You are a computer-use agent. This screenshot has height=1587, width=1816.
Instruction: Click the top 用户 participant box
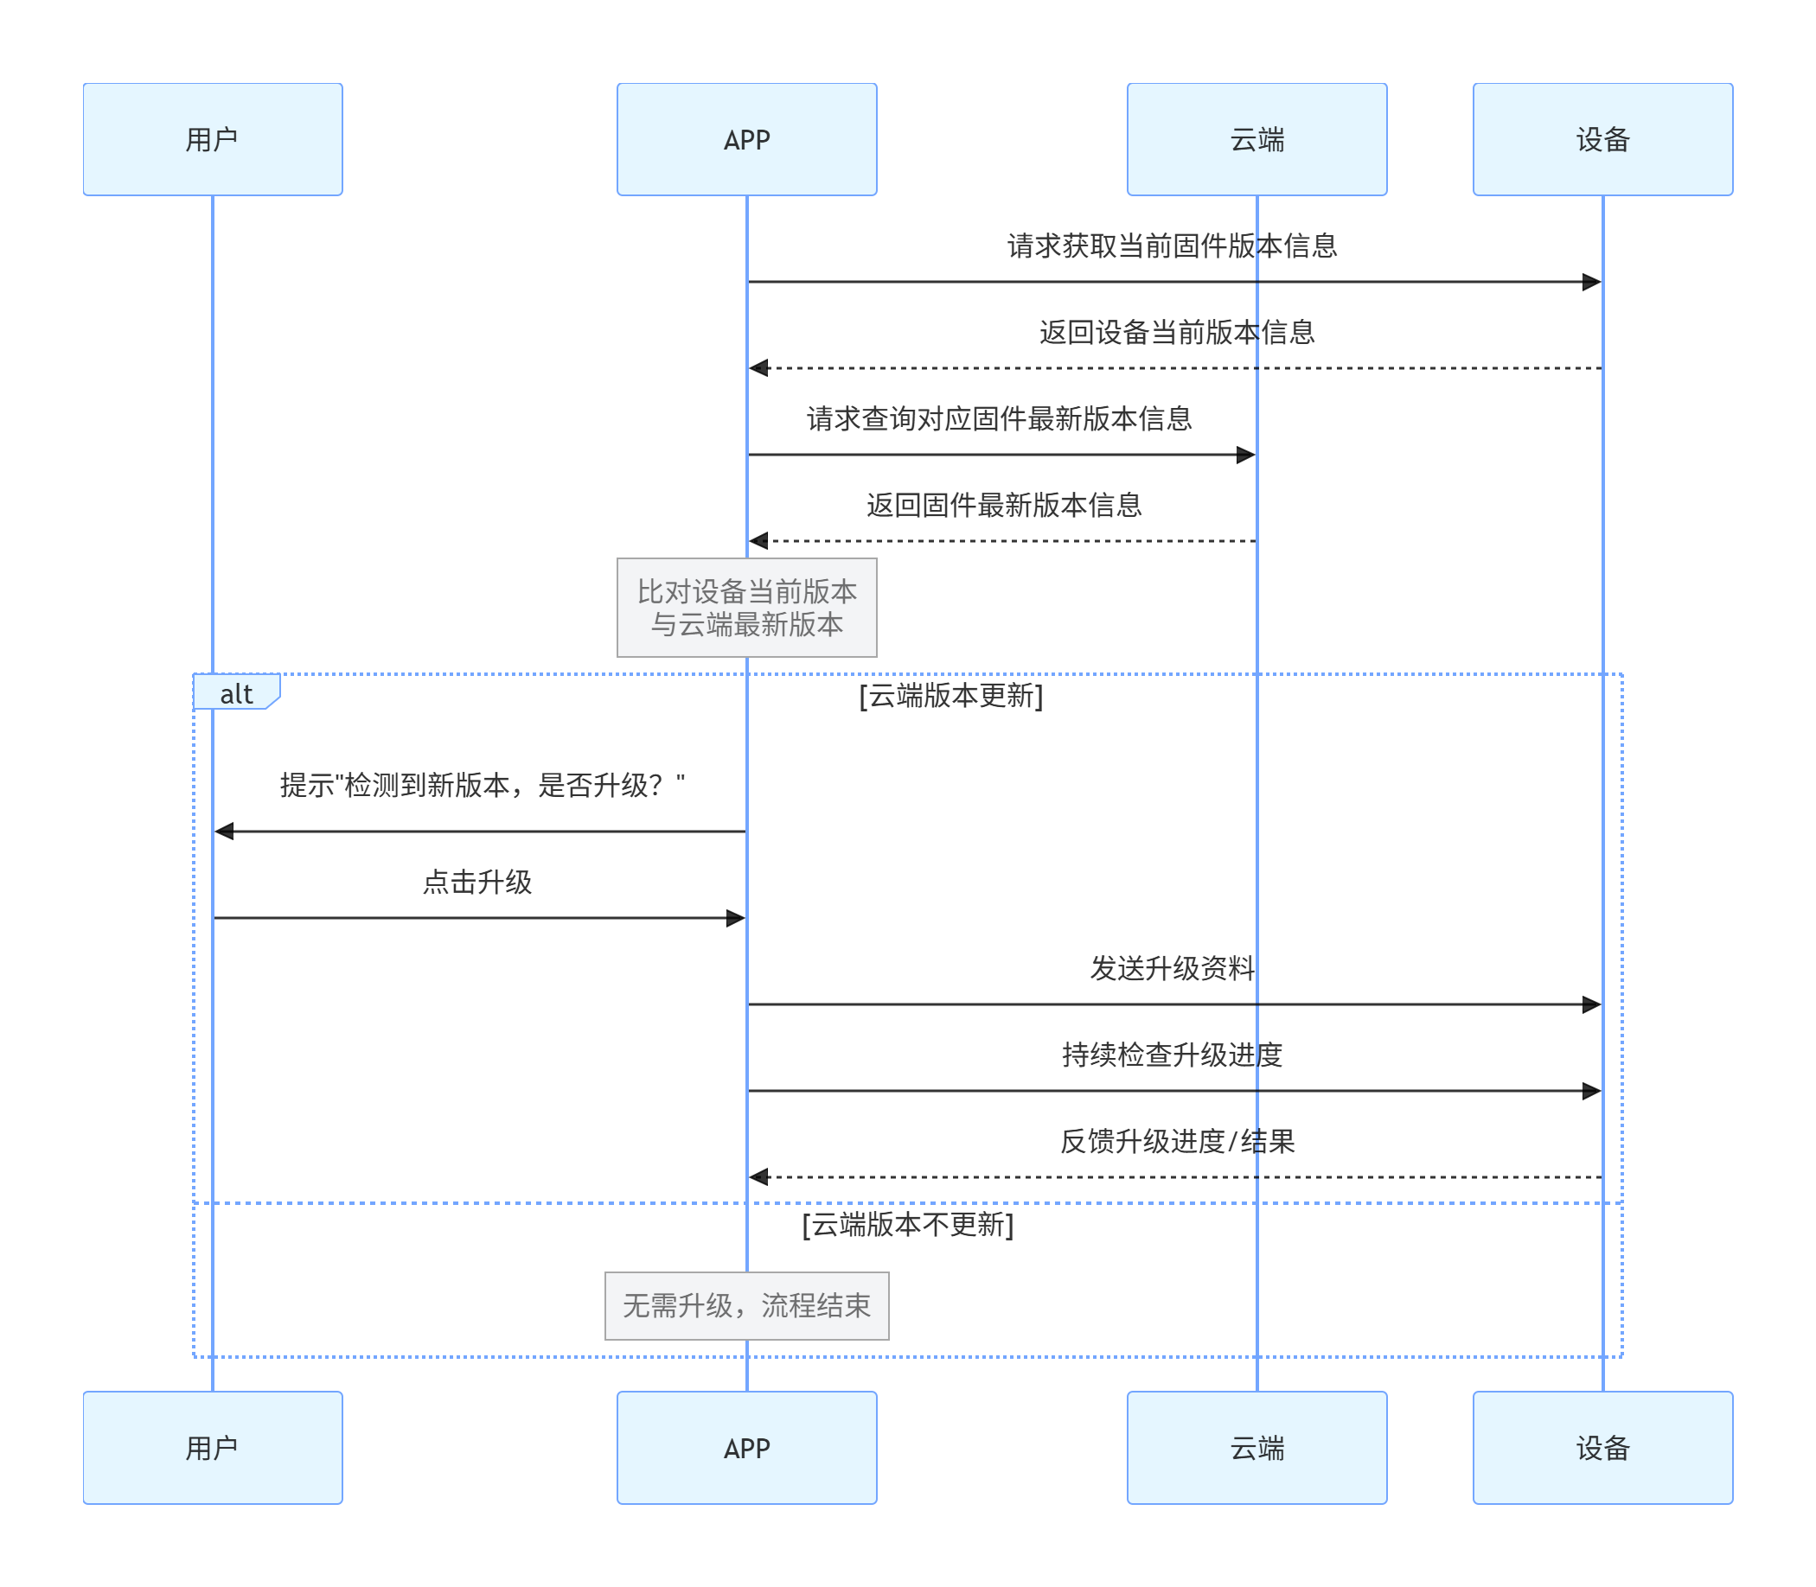pyautogui.click(x=213, y=139)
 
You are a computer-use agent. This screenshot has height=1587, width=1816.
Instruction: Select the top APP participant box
pyautogui.click(x=747, y=139)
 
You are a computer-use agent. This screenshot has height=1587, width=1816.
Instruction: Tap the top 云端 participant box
pyautogui.click(x=1257, y=139)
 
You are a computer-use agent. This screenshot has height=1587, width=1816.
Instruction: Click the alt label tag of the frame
pyautogui.click(x=235, y=693)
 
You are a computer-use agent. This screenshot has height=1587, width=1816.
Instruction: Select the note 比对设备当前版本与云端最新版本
pyautogui.click(x=747, y=608)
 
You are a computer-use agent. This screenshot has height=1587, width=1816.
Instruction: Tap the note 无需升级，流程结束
pyautogui.click(x=747, y=1305)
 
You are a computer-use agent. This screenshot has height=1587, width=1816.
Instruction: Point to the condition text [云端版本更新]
pyautogui.click(x=950, y=696)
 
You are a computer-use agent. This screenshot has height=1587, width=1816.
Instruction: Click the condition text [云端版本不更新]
pyautogui.click(x=907, y=1225)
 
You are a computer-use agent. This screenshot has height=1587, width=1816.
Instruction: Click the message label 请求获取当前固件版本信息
pyautogui.click(x=1172, y=245)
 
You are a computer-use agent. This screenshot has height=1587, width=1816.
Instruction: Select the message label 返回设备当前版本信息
pyautogui.click(x=1176, y=332)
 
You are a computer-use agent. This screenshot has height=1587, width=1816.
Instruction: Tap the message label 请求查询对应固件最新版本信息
pyautogui.click(x=1000, y=418)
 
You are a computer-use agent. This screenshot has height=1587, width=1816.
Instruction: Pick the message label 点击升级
pyautogui.click(x=477, y=882)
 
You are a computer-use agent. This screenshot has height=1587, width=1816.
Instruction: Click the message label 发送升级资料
pyautogui.click(x=1172, y=968)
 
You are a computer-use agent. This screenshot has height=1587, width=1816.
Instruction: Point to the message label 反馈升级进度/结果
pyautogui.click(x=1176, y=1141)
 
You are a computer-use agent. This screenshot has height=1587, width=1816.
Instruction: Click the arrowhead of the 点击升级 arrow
pyautogui.click(x=735, y=918)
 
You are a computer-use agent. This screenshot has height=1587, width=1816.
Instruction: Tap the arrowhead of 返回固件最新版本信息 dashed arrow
pyautogui.click(x=759, y=540)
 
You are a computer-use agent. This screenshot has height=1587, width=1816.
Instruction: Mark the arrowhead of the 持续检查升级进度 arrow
pyautogui.click(x=1591, y=1091)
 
